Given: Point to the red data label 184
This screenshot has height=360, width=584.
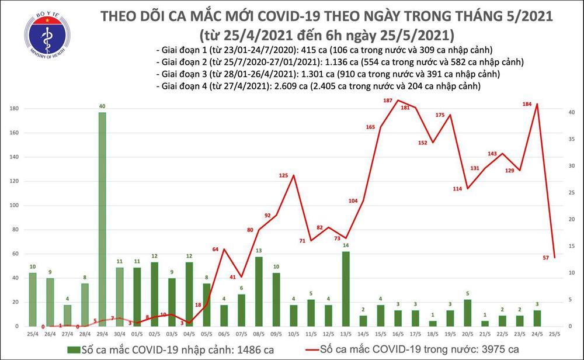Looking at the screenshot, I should (526, 105).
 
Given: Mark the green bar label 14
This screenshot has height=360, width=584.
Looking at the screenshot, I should (346, 245).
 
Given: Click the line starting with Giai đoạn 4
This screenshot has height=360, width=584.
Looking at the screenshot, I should (318, 86).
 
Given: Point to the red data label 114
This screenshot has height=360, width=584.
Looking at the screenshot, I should (457, 189).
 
